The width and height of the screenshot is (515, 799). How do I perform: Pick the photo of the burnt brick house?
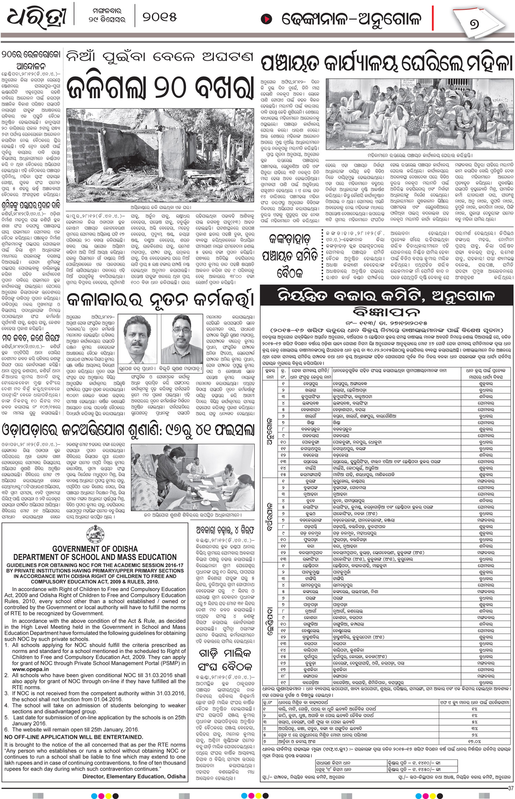click(x=160, y=156)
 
